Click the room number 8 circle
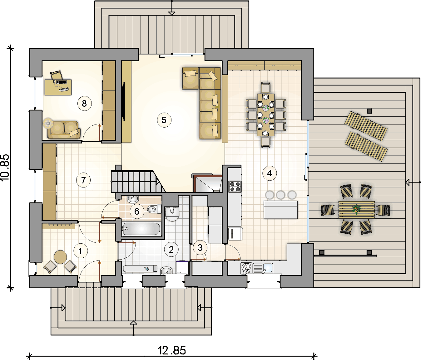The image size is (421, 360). coord(85,104)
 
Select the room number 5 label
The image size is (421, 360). coord(164,120)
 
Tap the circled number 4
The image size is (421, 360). coord(270,173)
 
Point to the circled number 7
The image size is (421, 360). coord(83,180)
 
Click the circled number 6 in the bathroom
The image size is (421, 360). coord(137,212)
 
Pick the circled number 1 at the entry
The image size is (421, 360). coord(81,251)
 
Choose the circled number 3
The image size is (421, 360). coord(200,248)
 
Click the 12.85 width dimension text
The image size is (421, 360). coord(172,350)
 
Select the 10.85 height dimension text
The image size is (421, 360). coord(5,167)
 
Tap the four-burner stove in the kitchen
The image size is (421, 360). coord(235,187)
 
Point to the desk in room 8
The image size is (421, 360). coord(58,87)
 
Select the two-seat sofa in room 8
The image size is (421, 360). coord(64,130)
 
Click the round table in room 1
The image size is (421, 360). coord(60,257)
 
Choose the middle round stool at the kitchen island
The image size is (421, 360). coord(281,195)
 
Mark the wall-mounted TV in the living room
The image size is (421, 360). coord(124,101)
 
